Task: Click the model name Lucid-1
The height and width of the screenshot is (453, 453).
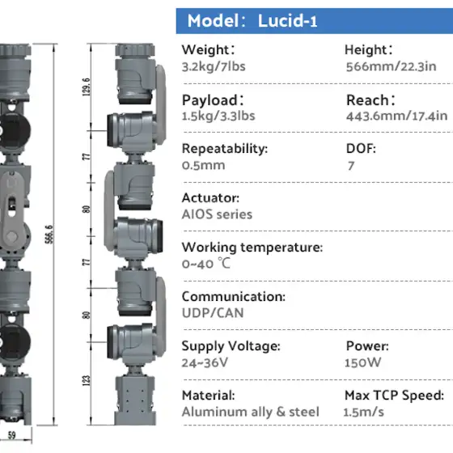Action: click(x=287, y=21)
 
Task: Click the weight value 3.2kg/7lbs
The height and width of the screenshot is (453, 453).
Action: click(x=214, y=66)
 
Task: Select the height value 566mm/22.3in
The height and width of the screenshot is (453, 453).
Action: click(x=392, y=66)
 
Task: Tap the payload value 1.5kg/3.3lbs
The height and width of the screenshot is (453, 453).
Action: click(x=218, y=116)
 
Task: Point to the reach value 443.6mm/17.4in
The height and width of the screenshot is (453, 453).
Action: click(x=396, y=116)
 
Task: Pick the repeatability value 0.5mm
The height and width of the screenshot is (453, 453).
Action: click(x=203, y=165)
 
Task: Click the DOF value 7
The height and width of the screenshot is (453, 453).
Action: click(x=351, y=166)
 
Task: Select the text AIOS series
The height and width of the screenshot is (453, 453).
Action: click(x=217, y=214)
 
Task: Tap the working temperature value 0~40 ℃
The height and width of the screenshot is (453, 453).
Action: click(x=206, y=264)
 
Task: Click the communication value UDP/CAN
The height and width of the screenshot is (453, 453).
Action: click(x=213, y=313)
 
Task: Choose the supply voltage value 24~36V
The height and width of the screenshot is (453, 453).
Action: click(x=205, y=362)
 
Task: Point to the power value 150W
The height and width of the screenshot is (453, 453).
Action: click(x=363, y=362)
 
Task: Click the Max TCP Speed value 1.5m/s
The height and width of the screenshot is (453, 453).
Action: click(x=363, y=412)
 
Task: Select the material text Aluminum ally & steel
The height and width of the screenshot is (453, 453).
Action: click(x=251, y=412)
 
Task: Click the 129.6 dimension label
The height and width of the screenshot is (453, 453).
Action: click(x=86, y=87)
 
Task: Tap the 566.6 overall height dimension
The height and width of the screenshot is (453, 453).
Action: click(x=49, y=234)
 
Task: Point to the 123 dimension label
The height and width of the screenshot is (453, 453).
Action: click(x=86, y=381)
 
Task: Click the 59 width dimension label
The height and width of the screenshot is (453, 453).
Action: click(x=12, y=435)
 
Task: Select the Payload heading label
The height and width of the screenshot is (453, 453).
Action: click(x=213, y=100)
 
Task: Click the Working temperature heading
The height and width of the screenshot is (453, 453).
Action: click(x=252, y=248)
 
